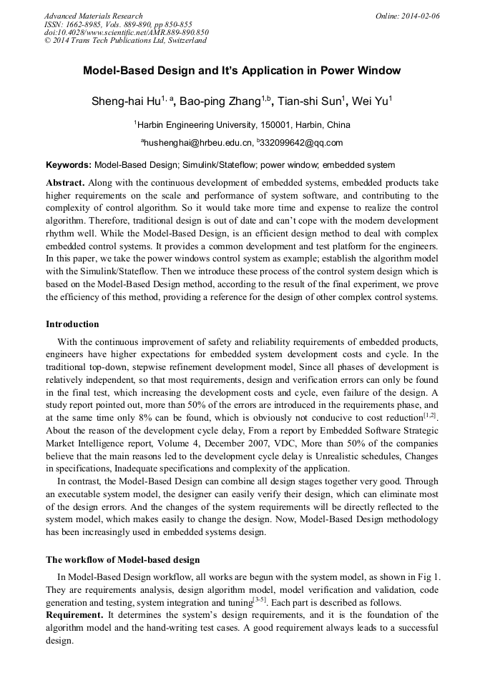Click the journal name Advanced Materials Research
click(x=93, y=16)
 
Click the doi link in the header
click(x=126, y=32)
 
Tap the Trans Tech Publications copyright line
click(x=124, y=41)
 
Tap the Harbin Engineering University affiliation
click(x=242, y=124)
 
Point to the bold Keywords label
click(x=69, y=164)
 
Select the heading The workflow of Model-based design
click(x=122, y=559)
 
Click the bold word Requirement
click(x=75, y=615)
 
